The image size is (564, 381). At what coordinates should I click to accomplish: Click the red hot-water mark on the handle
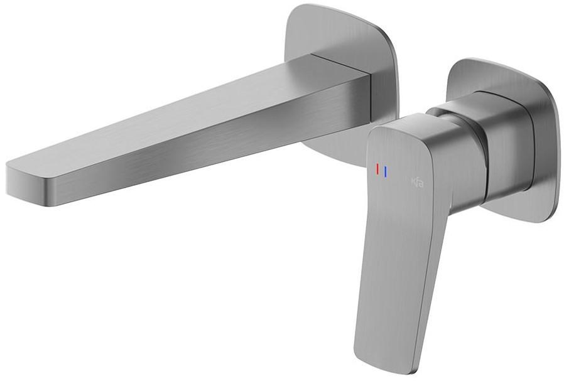click(377, 169)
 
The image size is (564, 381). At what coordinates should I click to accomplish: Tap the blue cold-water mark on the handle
click(385, 171)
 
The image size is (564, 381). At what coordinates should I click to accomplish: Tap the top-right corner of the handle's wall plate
click(540, 75)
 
